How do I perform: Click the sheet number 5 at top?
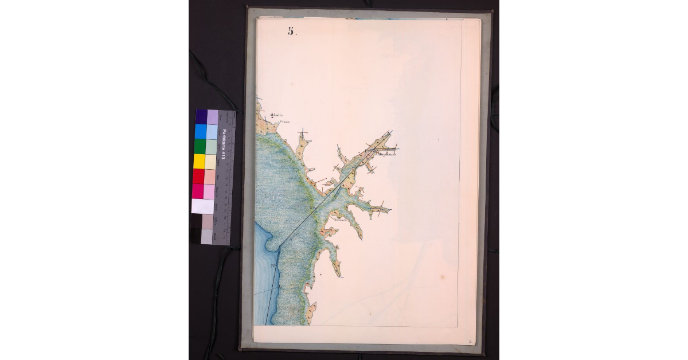[x=291, y=32]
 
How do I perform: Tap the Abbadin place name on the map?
[x=268, y=115]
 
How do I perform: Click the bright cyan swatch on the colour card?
[x=200, y=131]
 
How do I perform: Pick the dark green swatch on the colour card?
[x=200, y=146]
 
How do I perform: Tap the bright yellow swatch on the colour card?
[x=199, y=161]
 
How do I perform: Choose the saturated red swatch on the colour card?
[x=198, y=176]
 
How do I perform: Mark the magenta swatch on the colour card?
[x=198, y=191]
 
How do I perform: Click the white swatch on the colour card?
[x=202, y=206]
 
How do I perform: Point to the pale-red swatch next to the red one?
[x=210, y=176]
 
